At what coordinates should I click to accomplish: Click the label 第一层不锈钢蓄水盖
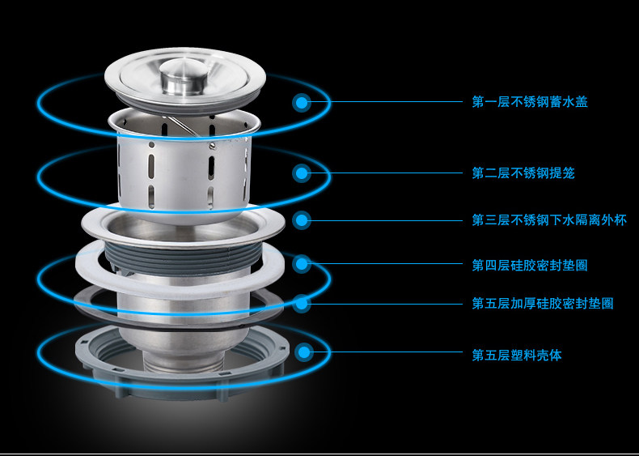pyautogui.click(x=530, y=102)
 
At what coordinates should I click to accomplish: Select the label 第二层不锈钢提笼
pyautogui.click(x=523, y=173)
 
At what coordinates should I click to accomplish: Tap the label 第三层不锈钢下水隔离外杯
pyautogui.click(x=549, y=220)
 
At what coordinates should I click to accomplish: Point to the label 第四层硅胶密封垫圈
pyautogui.click(x=530, y=265)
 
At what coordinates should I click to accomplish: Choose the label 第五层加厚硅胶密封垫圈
pyautogui.click(x=543, y=303)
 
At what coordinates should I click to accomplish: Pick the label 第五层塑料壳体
pyautogui.click(x=517, y=355)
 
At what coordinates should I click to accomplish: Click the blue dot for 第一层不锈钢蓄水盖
pyautogui.click(x=302, y=103)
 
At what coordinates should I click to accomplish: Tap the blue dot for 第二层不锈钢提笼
pyautogui.click(x=302, y=173)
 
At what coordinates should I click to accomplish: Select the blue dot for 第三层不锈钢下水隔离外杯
pyautogui.click(x=302, y=220)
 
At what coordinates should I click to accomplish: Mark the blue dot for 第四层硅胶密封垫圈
pyautogui.click(x=302, y=264)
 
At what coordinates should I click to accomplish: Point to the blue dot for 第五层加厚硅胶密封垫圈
pyautogui.click(x=302, y=303)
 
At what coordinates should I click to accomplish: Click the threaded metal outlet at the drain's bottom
pyautogui.click(x=184, y=363)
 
